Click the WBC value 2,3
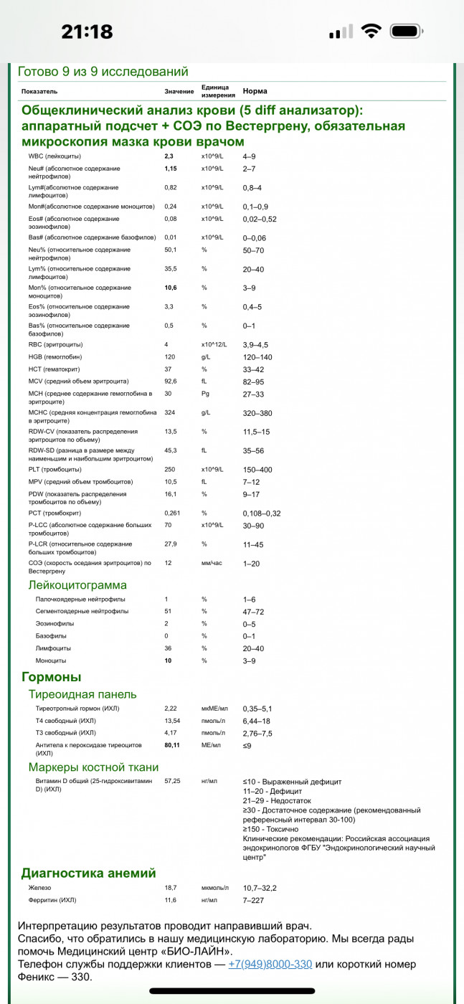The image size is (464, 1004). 169,156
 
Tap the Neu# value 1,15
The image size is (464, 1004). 171,169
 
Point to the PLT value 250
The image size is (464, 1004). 171,469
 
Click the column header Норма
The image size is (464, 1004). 255,92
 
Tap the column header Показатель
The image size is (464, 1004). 39,92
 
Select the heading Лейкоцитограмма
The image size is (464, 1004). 77,585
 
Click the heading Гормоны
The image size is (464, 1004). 51,677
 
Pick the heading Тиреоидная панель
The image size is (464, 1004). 82,694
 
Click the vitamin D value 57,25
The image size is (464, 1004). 173,781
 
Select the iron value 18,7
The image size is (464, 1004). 171,888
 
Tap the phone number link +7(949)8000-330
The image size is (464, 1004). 270,964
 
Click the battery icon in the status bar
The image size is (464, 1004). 409,32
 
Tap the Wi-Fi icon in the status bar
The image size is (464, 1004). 371,32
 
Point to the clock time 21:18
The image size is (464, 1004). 87,32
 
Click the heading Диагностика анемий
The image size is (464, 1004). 88,873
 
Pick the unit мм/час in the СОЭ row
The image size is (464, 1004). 212,563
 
